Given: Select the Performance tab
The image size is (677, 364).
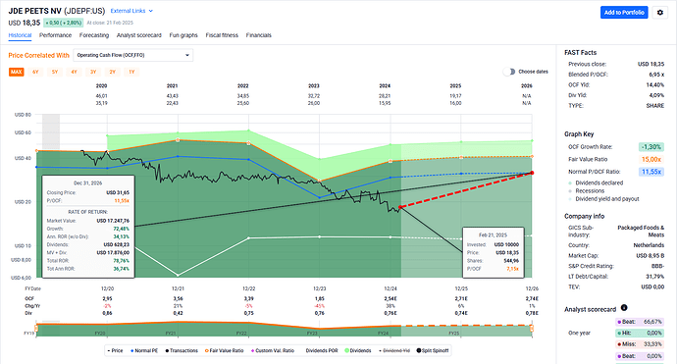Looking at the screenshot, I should point(54,33).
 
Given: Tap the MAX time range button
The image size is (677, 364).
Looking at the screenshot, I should point(17,73).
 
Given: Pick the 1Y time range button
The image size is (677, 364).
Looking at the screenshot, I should point(131,73).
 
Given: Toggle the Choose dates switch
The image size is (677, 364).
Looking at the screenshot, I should point(509,72).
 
